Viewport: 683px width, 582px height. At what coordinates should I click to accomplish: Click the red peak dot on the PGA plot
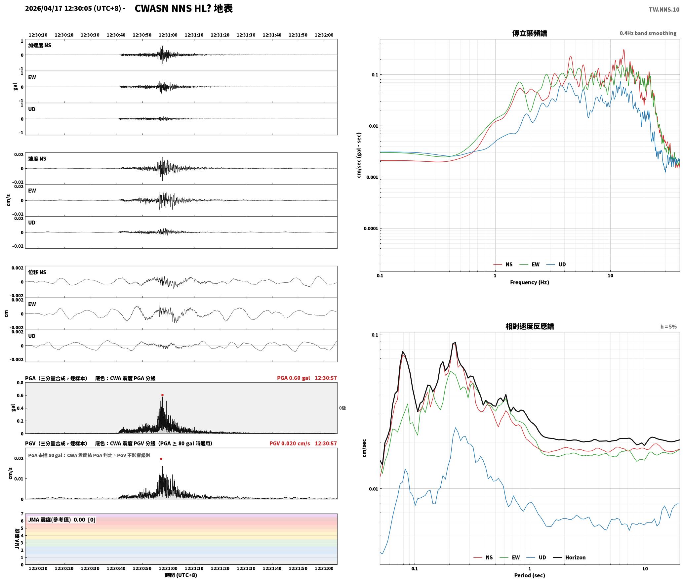point(162,395)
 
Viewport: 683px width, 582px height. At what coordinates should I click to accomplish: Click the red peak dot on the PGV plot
point(161,459)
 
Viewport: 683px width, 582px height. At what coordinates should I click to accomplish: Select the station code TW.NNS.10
point(664,9)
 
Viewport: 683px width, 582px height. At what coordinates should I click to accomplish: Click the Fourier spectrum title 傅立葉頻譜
point(530,33)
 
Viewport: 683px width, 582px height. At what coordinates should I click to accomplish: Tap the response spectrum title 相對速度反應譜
point(530,326)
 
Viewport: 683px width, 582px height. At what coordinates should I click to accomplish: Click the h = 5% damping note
point(668,327)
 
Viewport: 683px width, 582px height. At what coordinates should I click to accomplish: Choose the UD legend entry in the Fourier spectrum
point(556,264)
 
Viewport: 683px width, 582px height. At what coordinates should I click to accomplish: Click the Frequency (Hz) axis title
point(529,282)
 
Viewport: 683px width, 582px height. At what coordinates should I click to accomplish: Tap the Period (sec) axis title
point(529,575)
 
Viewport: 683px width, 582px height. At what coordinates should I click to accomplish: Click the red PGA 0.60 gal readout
point(294,378)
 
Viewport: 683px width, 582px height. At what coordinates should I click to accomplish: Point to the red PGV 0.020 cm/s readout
point(290,443)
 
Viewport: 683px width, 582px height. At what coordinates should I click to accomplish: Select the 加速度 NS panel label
point(40,45)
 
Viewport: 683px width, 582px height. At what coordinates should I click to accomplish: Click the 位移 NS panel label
point(37,272)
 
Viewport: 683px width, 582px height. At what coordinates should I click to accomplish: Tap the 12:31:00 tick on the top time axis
point(168,35)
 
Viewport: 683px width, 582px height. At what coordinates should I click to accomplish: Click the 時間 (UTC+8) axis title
point(181,575)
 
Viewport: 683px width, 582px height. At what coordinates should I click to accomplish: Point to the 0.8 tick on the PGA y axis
point(20,383)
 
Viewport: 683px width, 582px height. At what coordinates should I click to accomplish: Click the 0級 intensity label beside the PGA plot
point(342,408)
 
